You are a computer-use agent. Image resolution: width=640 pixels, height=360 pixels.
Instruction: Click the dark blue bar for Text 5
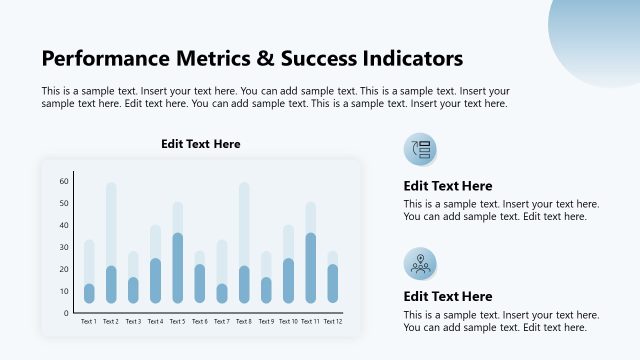click(x=178, y=268)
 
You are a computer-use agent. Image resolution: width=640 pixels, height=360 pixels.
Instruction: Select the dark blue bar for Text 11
click(x=311, y=268)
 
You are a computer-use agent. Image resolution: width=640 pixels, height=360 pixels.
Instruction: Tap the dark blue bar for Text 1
click(x=89, y=293)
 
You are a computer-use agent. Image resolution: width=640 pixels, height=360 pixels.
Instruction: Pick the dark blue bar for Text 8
click(x=244, y=284)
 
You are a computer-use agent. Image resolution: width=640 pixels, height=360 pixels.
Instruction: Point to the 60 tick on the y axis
click(x=64, y=181)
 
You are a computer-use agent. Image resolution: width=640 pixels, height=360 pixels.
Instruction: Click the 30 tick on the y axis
click(x=64, y=247)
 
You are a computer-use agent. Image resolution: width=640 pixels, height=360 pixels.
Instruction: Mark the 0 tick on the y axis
click(x=66, y=313)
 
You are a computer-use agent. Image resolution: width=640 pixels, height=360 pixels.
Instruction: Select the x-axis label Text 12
click(x=333, y=321)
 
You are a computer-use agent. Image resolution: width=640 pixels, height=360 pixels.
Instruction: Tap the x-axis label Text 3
click(x=133, y=321)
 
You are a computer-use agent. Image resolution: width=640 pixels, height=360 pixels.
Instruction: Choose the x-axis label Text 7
click(x=222, y=321)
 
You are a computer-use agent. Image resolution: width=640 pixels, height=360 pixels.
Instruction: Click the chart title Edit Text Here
click(x=201, y=144)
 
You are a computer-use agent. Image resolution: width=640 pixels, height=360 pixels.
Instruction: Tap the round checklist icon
click(x=420, y=150)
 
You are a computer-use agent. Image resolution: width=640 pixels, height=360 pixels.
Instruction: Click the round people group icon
click(x=420, y=263)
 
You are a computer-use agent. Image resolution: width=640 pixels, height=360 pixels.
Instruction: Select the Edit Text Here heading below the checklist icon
click(x=448, y=186)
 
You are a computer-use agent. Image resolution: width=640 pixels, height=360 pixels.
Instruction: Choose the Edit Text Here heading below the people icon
click(x=448, y=296)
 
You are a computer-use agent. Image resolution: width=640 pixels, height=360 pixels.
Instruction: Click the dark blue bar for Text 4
click(x=155, y=280)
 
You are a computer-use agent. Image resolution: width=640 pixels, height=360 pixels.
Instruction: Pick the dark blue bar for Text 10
click(x=288, y=280)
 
